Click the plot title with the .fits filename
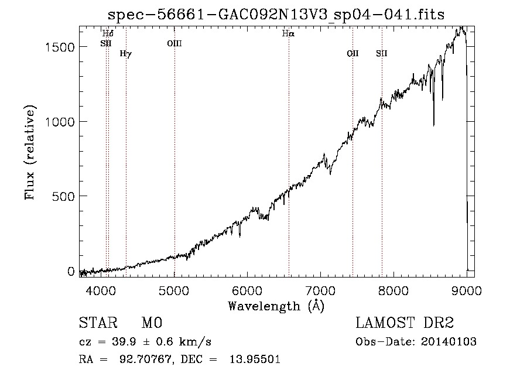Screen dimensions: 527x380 tap(276, 15)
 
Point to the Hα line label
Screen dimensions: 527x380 tap(288, 33)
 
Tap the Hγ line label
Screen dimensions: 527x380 tap(126, 54)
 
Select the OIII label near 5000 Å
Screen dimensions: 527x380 tap(174, 43)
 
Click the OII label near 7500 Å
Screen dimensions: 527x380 tap(353, 53)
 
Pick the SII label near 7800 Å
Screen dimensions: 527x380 tap(381, 53)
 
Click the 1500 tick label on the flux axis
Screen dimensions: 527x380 tap(60, 47)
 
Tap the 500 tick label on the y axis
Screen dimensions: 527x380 tap(63, 196)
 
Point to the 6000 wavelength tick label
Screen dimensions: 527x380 tap(247, 290)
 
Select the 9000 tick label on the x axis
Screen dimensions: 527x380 tap(466, 290)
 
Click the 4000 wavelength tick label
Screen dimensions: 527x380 tap(101, 290)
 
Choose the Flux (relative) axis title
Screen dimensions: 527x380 tap(30, 153)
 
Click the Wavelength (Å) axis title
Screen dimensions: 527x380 tap(276, 306)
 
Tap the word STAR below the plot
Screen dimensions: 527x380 tap(98, 323)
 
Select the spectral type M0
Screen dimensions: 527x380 tap(152, 323)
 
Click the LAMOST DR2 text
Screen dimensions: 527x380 tap(405, 323)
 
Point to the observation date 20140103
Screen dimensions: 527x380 tap(449, 342)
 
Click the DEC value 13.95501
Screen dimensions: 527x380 tap(255, 360)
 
